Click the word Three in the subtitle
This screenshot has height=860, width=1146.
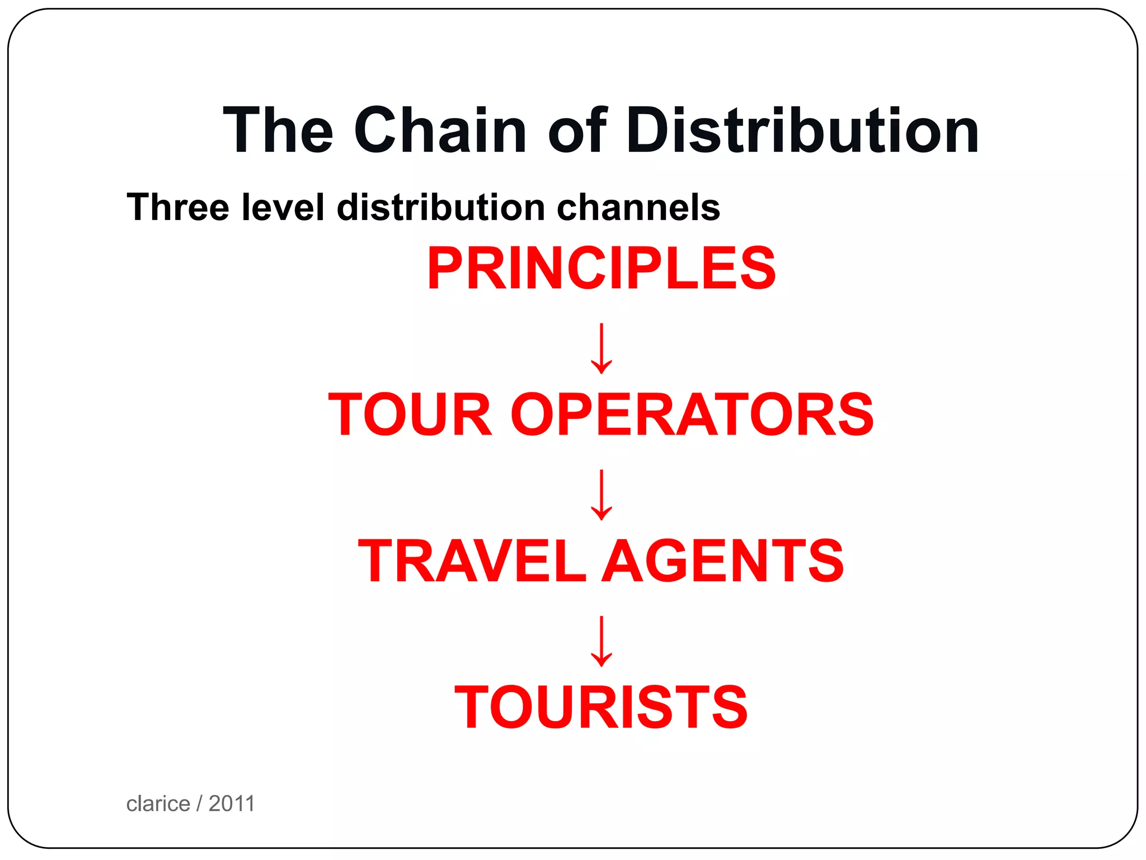tap(178, 207)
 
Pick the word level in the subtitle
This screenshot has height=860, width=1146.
tap(283, 207)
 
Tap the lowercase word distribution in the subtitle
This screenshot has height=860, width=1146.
tap(441, 207)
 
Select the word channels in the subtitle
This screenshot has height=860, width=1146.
tap(638, 207)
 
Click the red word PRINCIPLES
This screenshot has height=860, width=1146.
tap(601, 269)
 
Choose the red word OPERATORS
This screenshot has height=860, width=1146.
tap(692, 414)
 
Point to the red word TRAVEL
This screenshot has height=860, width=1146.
tap(472, 560)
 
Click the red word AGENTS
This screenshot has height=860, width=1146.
tap(725, 560)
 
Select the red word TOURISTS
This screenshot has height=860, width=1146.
tap(601, 707)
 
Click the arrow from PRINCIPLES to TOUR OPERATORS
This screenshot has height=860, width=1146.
tap(601, 348)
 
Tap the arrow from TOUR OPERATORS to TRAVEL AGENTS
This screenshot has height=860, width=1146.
tap(601, 494)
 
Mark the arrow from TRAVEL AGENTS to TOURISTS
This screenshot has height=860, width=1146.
tap(601, 641)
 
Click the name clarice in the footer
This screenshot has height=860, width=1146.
tap(158, 804)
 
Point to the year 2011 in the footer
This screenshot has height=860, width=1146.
tap(232, 804)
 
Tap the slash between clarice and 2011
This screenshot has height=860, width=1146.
tap(199, 804)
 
